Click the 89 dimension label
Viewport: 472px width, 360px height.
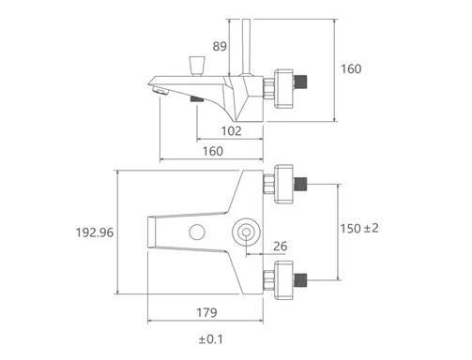pos(220,46)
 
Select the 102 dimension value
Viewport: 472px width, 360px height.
pos(232,131)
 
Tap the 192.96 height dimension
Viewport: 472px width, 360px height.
pos(95,232)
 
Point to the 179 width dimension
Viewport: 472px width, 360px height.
pos(206,312)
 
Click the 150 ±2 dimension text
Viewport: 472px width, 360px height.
pos(359,229)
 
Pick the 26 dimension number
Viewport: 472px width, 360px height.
pos(281,247)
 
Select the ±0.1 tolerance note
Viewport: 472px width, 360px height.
pos(211,339)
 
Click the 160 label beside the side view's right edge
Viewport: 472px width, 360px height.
pos(351,68)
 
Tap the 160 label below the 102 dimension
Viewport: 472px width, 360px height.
pos(213,151)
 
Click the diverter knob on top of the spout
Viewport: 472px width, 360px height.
pos(197,67)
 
